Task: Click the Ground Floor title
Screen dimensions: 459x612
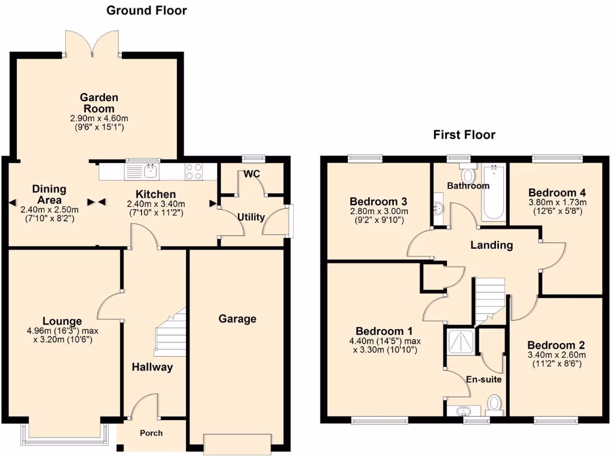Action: (x=146, y=10)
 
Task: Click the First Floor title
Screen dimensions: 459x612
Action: (x=464, y=135)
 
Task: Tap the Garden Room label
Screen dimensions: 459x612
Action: (x=99, y=103)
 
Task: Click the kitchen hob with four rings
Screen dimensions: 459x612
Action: (x=194, y=172)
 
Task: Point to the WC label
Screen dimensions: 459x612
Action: (x=251, y=174)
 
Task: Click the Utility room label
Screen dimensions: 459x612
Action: (x=251, y=217)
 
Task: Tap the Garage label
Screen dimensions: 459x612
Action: (x=237, y=319)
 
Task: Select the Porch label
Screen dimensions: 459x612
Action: (x=151, y=433)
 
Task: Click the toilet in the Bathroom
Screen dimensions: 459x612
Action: (x=468, y=175)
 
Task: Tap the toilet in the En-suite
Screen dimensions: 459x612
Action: (x=494, y=404)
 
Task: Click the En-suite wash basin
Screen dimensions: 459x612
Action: (x=463, y=411)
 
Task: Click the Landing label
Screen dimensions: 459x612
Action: (x=491, y=245)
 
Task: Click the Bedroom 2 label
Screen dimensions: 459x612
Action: (x=556, y=345)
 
